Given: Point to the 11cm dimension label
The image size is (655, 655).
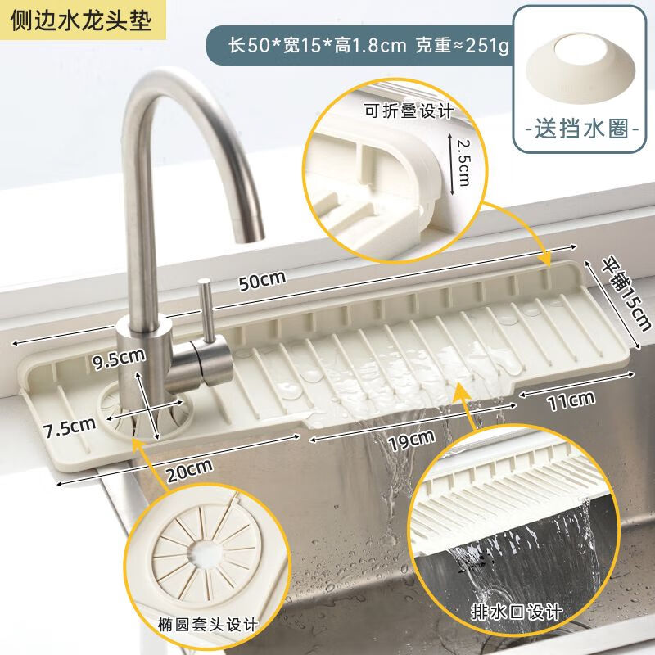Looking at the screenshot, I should click(x=571, y=400).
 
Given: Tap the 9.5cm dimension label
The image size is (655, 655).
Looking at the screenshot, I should click(x=120, y=356).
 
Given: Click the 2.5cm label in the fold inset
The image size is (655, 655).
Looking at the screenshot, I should click(x=463, y=161).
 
